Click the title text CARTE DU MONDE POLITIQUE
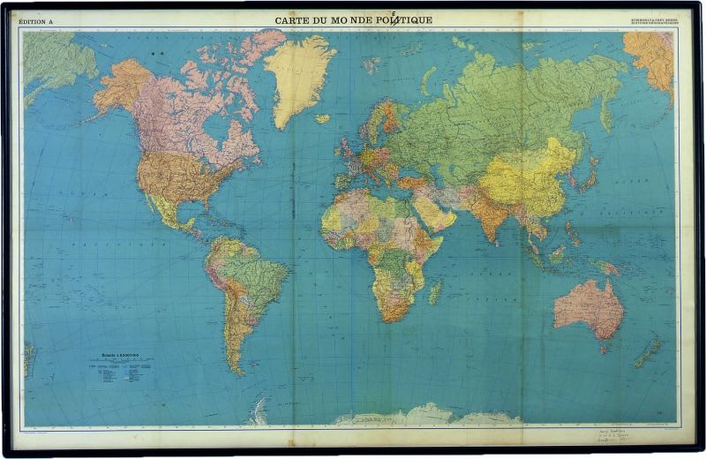tap(353, 19)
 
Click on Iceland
tap(322, 118)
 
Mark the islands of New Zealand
tap(649, 352)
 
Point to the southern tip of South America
tap(237, 369)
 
